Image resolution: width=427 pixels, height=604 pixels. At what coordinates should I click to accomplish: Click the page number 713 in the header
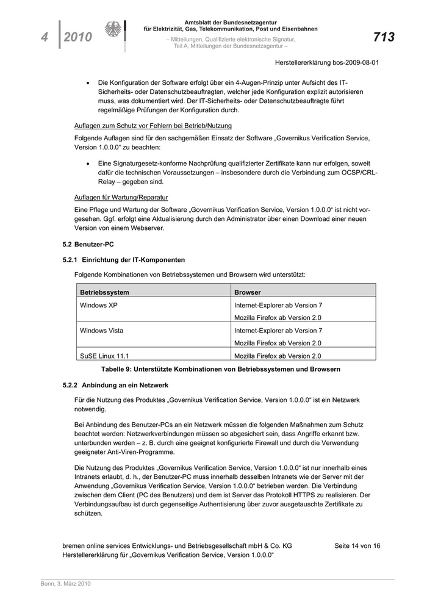point(384,37)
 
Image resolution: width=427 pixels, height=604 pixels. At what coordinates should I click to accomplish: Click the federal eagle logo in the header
point(113,31)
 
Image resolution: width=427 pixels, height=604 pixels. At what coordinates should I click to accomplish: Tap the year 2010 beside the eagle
point(77,37)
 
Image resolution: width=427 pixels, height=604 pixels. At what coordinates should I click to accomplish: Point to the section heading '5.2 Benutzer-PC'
point(88,244)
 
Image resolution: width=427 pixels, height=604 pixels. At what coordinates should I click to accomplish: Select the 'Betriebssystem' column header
point(104,292)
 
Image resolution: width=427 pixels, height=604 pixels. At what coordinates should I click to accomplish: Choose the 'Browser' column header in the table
point(248,292)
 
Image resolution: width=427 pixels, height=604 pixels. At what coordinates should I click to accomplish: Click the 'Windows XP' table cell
point(99,305)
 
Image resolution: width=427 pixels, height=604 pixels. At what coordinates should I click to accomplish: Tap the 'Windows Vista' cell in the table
point(101,331)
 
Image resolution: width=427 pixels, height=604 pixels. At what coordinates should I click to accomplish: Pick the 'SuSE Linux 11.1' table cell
point(104,356)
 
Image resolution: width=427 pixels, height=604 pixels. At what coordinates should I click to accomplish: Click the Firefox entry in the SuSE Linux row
point(278,356)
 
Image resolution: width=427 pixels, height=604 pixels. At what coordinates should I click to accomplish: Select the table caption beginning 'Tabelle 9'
point(220,369)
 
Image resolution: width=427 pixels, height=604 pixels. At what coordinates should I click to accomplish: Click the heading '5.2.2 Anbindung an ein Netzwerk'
point(116,385)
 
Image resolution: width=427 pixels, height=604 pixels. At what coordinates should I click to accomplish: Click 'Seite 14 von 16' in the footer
point(357,545)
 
